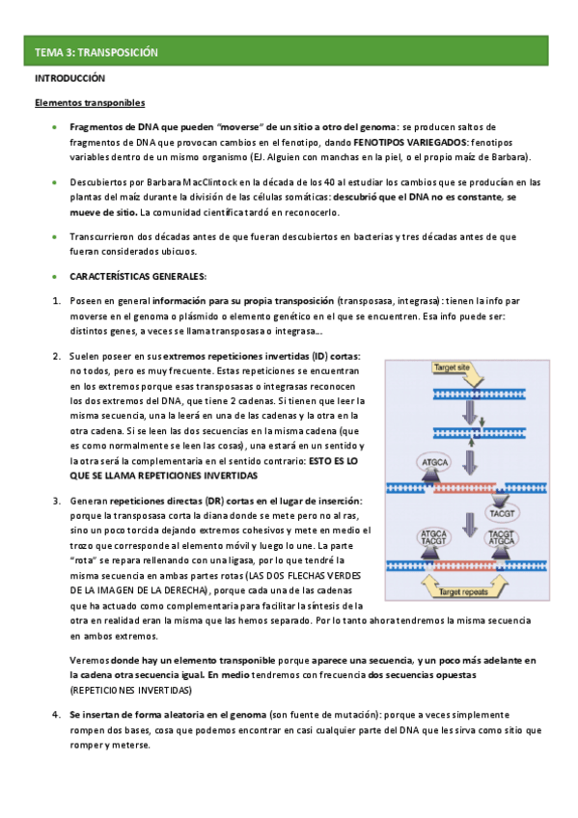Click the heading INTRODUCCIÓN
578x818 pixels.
[x=69, y=77]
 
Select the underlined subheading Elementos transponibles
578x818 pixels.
[x=90, y=102]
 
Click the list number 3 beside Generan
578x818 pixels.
[x=56, y=502]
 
